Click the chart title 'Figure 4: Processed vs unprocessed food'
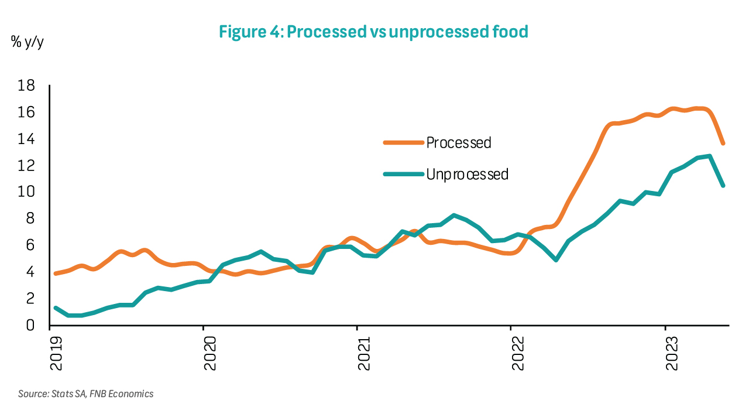point(373,32)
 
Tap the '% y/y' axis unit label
point(27,42)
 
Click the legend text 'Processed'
point(459,142)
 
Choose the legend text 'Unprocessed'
point(468,174)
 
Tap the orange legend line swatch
point(403,142)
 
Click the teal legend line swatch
point(403,174)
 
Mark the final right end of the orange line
point(723,143)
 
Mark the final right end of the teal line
point(723,185)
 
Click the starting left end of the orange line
point(56,274)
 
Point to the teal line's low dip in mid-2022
point(555,259)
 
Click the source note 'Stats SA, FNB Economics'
point(86,394)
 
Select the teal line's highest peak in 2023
point(709,156)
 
